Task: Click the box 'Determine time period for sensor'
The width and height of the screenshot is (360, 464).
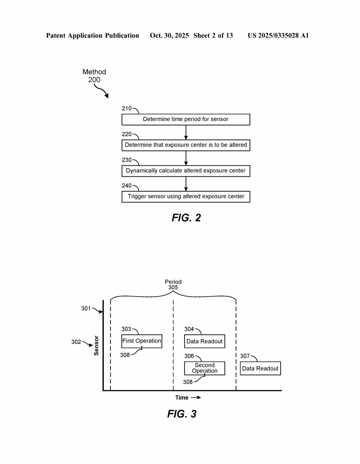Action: pyautogui.click(x=185, y=120)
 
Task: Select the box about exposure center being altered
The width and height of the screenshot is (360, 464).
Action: pyautogui.click(x=185, y=145)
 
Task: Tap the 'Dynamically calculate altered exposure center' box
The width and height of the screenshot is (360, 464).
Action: pyautogui.click(x=185, y=171)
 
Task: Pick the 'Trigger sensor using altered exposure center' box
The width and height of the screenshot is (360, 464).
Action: pyautogui.click(x=185, y=197)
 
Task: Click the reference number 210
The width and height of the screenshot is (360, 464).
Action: pyautogui.click(x=126, y=109)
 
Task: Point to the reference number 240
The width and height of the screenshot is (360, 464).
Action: pyautogui.click(x=126, y=186)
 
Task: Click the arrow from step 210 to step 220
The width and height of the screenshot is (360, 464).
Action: pyautogui.click(x=186, y=132)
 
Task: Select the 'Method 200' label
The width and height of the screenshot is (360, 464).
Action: pyautogui.click(x=94, y=76)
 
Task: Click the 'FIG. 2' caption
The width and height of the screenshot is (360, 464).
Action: pyautogui.click(x=186, y=217)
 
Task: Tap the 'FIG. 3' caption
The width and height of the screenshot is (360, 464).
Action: pyautogui.click(x=181, y=414)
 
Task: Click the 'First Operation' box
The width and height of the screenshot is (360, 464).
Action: pyautogui.click(x=142, y=341)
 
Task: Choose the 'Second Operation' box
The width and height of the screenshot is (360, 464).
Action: pyautogui.click(x=204, y=368)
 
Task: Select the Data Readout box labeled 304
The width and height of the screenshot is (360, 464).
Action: pyautogui.click(x=204, y=341)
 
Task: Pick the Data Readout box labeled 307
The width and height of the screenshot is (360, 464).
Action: pyautogui.click(x=260, y=368)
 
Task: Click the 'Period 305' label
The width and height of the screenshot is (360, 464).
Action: pyautogui.click(x=173, y=285)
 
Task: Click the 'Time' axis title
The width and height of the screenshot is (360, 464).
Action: pyautogui.click(x=182, y=398)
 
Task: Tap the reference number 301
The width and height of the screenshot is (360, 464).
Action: pyautogui.click(x=86, y=309)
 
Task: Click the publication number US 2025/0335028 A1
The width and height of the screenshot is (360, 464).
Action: pyautogui.click(x=278, y=35)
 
